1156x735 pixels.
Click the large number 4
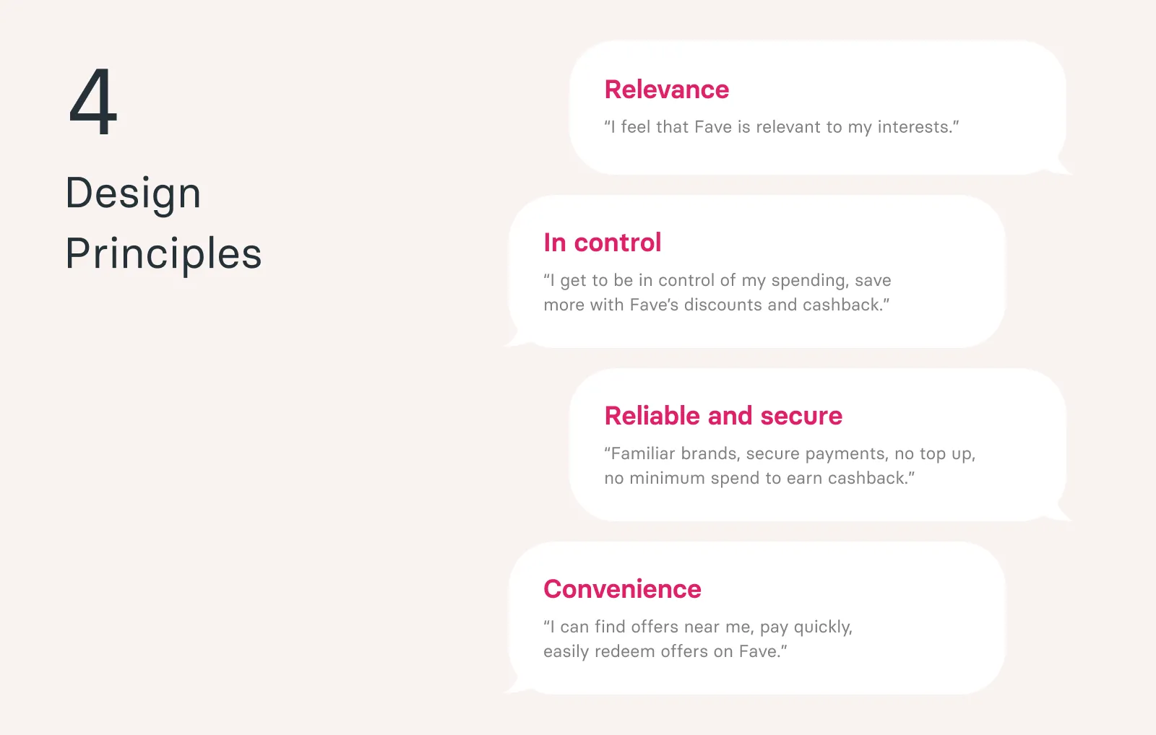[x=93, y=101]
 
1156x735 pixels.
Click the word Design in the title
[x=133, y=194]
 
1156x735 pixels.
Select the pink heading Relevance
[x=667, y=90]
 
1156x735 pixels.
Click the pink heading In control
[x=603, y=243]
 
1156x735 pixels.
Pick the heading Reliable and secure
[x=723, y=416]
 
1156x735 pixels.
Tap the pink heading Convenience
[x=622, y=589]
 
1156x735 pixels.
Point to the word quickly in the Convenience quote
[x=823, y=627]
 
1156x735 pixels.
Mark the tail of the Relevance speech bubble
[x=1062, y=166]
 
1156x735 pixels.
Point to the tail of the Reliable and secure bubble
[x=1062, y=513]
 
